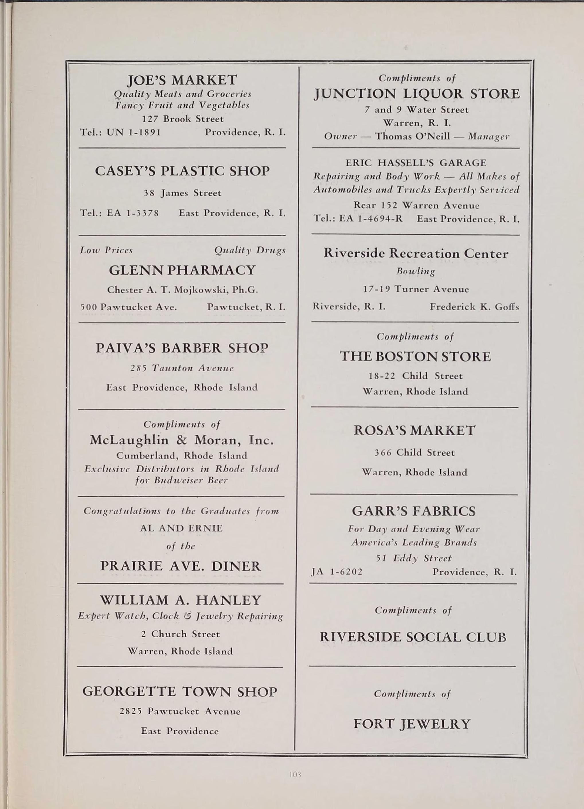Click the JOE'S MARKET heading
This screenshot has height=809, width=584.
(182, 80)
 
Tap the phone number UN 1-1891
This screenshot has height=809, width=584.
(134, 132)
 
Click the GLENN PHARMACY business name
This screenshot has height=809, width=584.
(182, 270)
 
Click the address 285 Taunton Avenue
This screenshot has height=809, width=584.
(182, 368)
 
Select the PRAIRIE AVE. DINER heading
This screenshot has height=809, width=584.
(181, 566)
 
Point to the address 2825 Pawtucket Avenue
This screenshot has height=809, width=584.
(180, 711)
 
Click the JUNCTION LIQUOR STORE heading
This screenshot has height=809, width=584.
(417, 94)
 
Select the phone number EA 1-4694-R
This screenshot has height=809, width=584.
(370, 219)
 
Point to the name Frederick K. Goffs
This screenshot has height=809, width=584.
(474, 307)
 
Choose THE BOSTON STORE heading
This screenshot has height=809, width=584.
(415, 356)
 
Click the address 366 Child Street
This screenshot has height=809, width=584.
(415, 453)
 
